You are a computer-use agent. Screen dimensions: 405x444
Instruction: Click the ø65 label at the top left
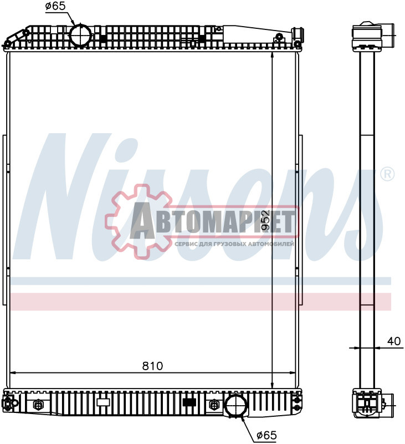[x=55, y=6]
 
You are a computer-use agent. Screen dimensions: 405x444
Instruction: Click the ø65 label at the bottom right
[x=266, y=435]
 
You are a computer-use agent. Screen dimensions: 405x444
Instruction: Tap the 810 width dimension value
[x=152, y=366]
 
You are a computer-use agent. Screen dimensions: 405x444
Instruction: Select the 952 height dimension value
[x=265, y=220]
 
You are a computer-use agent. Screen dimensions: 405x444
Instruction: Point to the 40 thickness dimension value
[x=394, y=341]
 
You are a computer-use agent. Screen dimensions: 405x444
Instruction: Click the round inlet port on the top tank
[x=81, y=35]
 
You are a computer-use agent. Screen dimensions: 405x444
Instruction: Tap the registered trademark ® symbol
[x=387, y=174]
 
